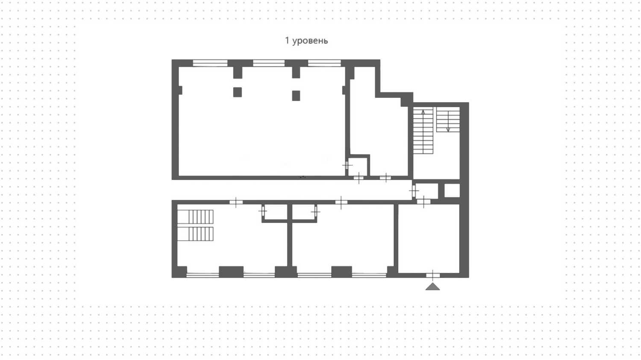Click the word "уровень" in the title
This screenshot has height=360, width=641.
[x=310, y=41]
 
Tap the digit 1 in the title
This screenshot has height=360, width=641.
[x=287, y=41]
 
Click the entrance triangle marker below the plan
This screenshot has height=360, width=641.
[x=433, y=286]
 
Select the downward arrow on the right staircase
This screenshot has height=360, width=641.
[x=448, y=127]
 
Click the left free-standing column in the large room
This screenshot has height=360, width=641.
[x=238, y=92]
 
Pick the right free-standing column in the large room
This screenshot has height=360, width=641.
[x=296, y=95]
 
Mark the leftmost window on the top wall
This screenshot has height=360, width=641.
[x=210, y=63]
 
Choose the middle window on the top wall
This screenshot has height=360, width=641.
[x=268, y=63]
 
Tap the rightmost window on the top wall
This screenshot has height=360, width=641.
[x=324, y=63]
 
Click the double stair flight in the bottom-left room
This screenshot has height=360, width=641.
[x=195, y=225]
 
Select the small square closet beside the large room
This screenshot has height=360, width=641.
[x=358, y=166]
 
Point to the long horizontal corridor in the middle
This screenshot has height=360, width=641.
[x=291, y=190]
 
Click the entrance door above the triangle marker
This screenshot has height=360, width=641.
[x=433, y=275]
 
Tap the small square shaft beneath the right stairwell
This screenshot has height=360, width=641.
[x=452, y=190]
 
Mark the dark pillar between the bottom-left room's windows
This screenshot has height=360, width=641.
[x=231, y=271]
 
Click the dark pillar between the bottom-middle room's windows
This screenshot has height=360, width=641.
[x=341, y=271]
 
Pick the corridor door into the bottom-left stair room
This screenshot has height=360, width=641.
[x=236, y=202]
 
